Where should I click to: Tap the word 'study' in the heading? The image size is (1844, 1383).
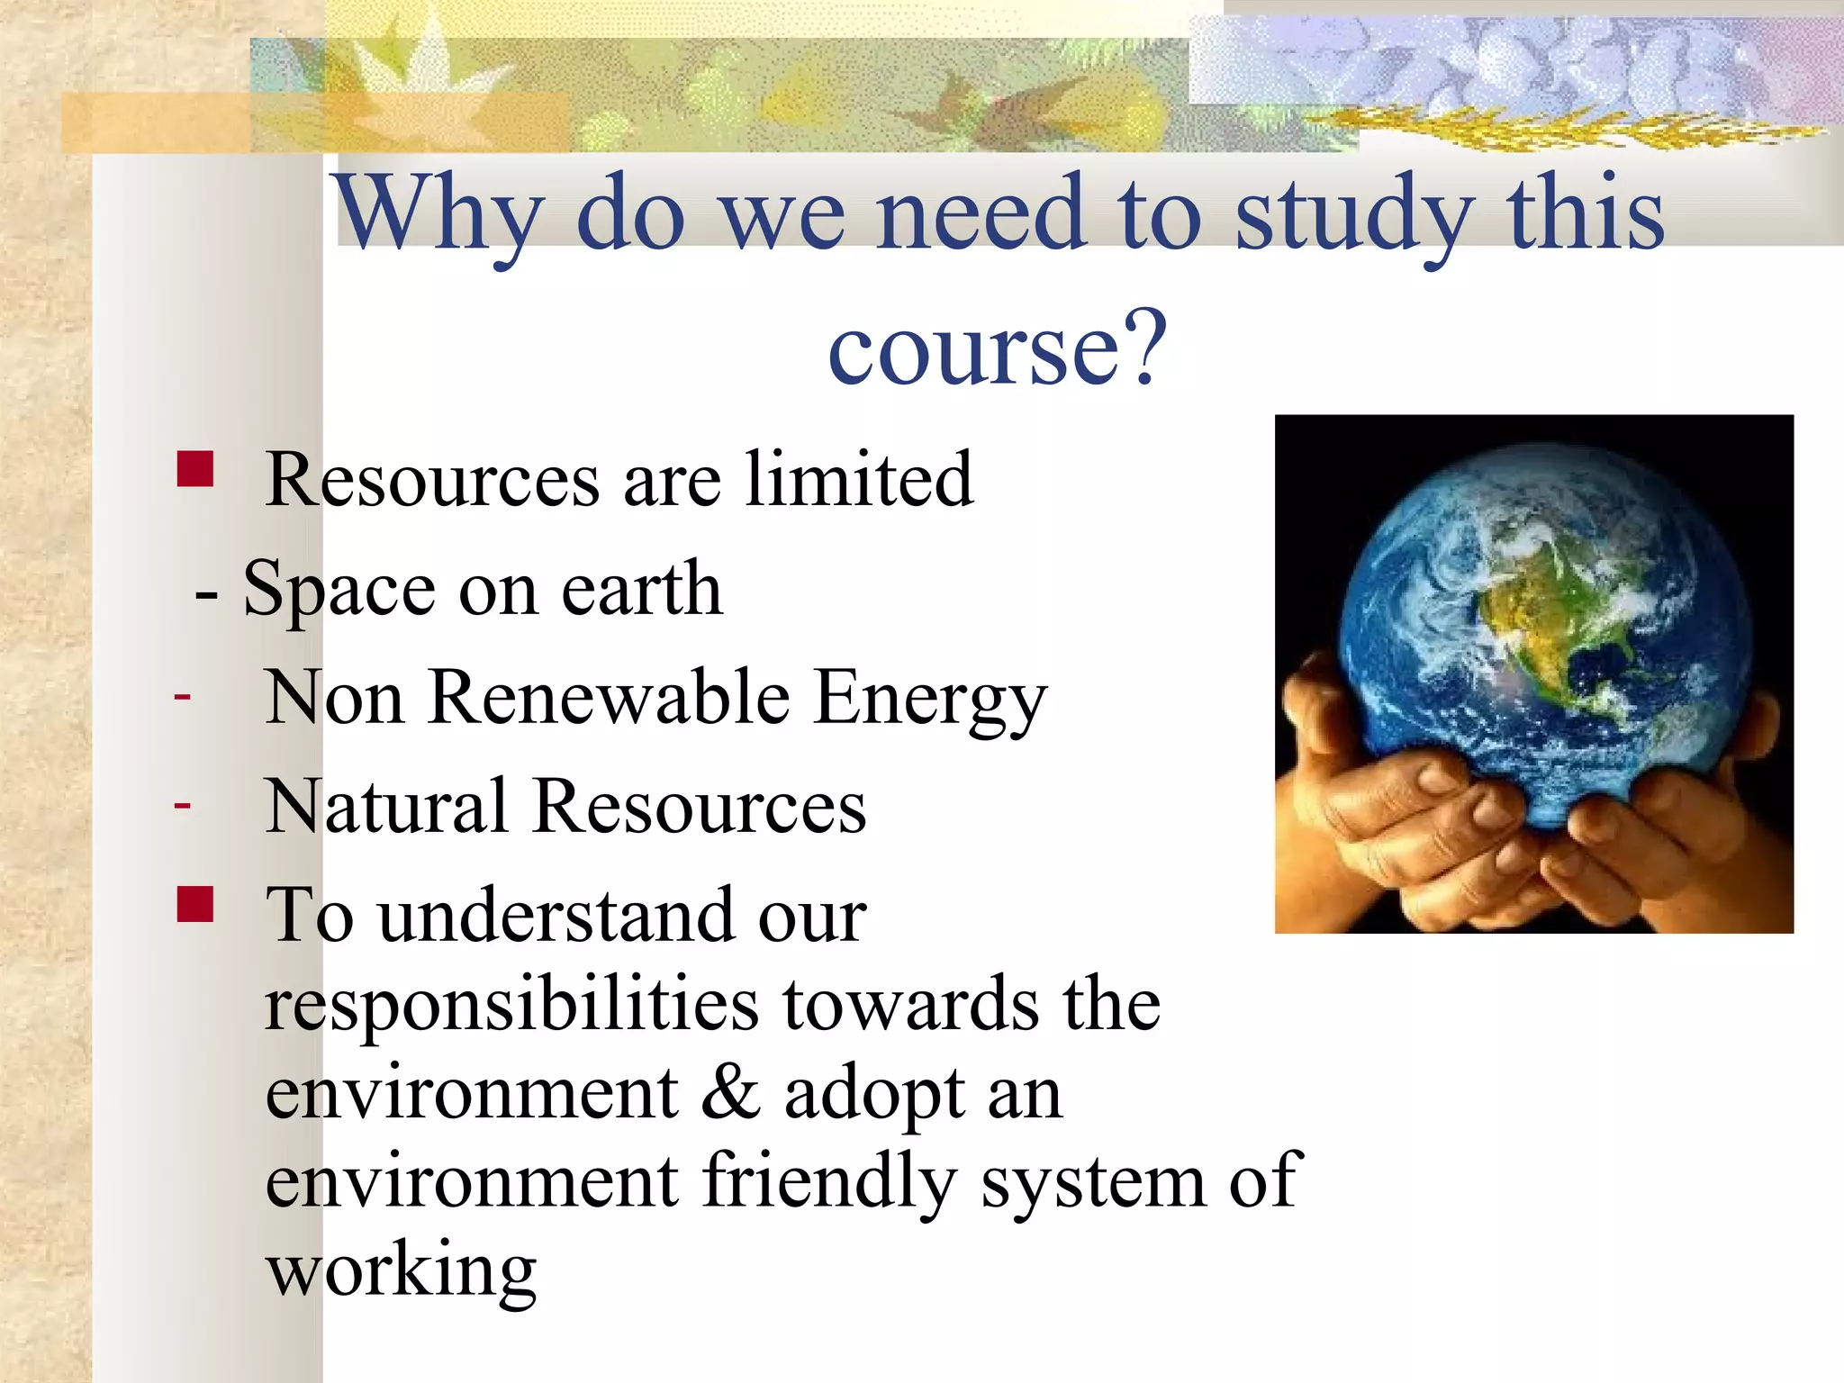pyautogui.click(x=1351, y=214)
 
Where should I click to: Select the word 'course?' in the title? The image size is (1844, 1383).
pyautogui.click(x=997, y=348)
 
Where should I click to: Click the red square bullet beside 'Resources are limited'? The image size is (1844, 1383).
pyautogui.click(x=195, y=469)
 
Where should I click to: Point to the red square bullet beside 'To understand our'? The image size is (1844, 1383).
pyautogui.click(x=195, y=905)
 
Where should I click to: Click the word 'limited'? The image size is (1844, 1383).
pyautogui.click(x=859, y=479)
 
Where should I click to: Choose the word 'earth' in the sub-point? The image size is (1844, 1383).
pyautogui.click(x=642, y=589)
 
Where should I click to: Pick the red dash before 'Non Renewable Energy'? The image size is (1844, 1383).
pyautogui.click(x=183, y=696)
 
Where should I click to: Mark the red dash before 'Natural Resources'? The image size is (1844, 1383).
pyautogui.click(x=183, y=804)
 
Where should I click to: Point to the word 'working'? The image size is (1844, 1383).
pyautogui.click(x=402, y=1271)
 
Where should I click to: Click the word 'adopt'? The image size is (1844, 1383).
pyautogui.click(x=872, y=1095)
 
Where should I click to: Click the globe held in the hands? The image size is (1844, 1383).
pyautogui.click(x=1544, y=630)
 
